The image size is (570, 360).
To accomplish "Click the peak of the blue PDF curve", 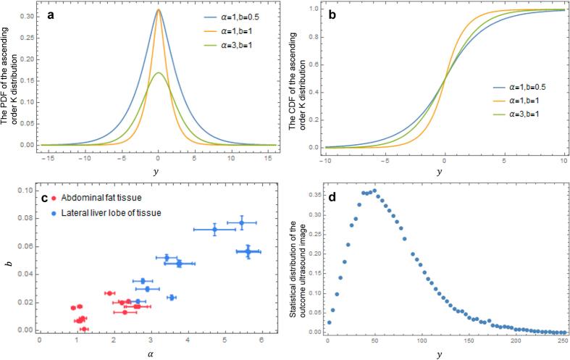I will [158, 9].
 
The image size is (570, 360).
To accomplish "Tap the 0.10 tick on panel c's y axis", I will [27, 191].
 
